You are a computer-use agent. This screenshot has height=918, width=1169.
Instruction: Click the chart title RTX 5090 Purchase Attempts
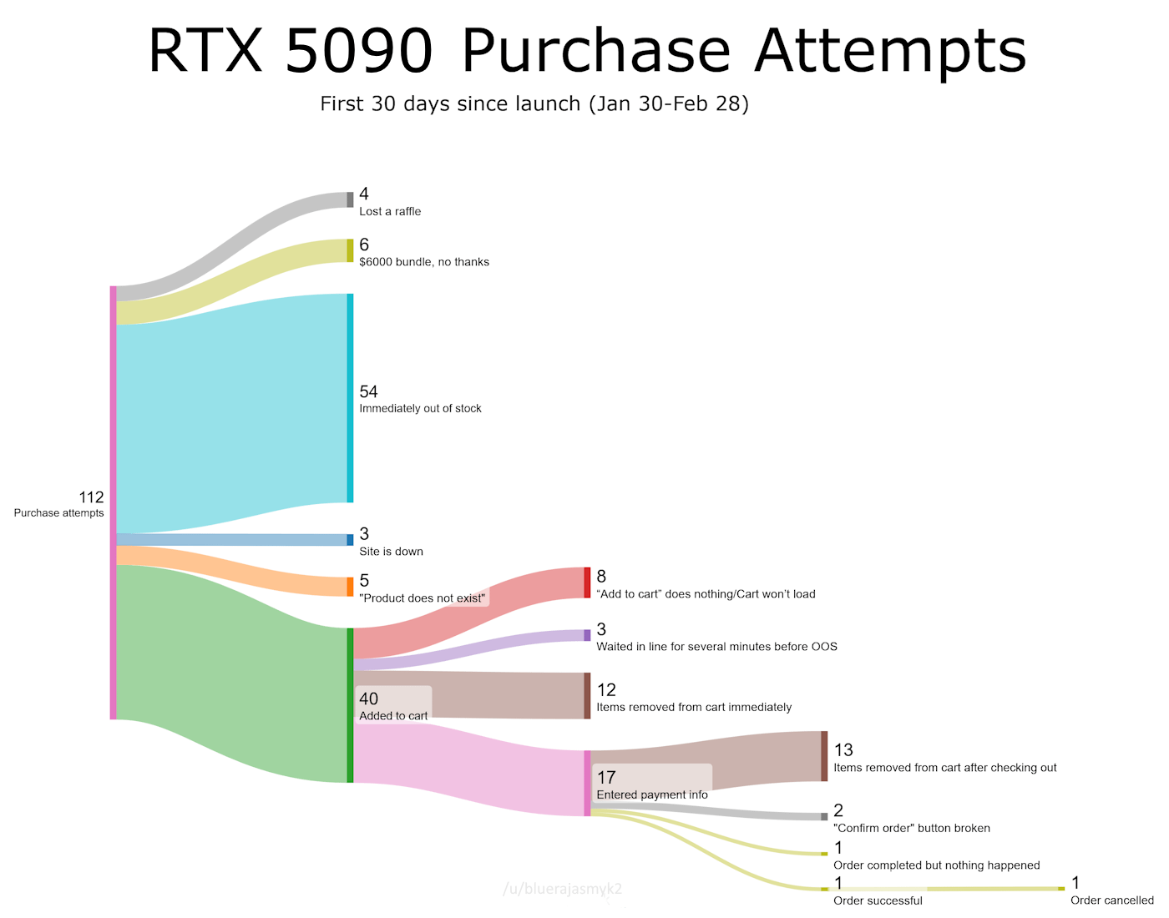tap(587, 52)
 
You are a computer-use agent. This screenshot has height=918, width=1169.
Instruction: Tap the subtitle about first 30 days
tap(534, 104)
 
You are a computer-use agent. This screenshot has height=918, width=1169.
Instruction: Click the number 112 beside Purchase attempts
tap(91, 497)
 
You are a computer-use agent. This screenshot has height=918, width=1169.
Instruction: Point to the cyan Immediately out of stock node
tap(350, 398)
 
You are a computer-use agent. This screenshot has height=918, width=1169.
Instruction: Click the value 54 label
tap(368, 391)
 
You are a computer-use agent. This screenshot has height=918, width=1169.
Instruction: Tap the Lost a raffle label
tap(390, 212)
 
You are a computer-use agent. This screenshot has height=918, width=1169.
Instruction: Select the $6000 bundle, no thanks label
tap(424, 262)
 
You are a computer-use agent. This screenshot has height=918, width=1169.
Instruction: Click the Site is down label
tap(391, 552)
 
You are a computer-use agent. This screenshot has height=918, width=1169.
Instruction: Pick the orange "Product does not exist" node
tap(350, 587)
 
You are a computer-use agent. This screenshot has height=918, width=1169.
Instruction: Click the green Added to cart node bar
tap(350, 705)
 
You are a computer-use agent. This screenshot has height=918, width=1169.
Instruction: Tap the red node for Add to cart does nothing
tap(587, 583)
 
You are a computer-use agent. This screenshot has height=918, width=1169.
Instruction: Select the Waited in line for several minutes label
tap(716, 647)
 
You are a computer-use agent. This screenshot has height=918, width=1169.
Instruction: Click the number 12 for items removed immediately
tap(606, 690)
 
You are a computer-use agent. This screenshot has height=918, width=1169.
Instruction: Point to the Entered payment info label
tap(652, 795)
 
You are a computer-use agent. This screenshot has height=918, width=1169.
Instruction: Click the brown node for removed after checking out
tap(824, 756)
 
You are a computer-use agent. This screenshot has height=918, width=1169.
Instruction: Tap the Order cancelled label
tap(1111, 900)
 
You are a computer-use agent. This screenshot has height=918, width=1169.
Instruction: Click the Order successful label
tap(878, 901)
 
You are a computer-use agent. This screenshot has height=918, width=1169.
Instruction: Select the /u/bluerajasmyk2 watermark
tap(562, 890)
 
